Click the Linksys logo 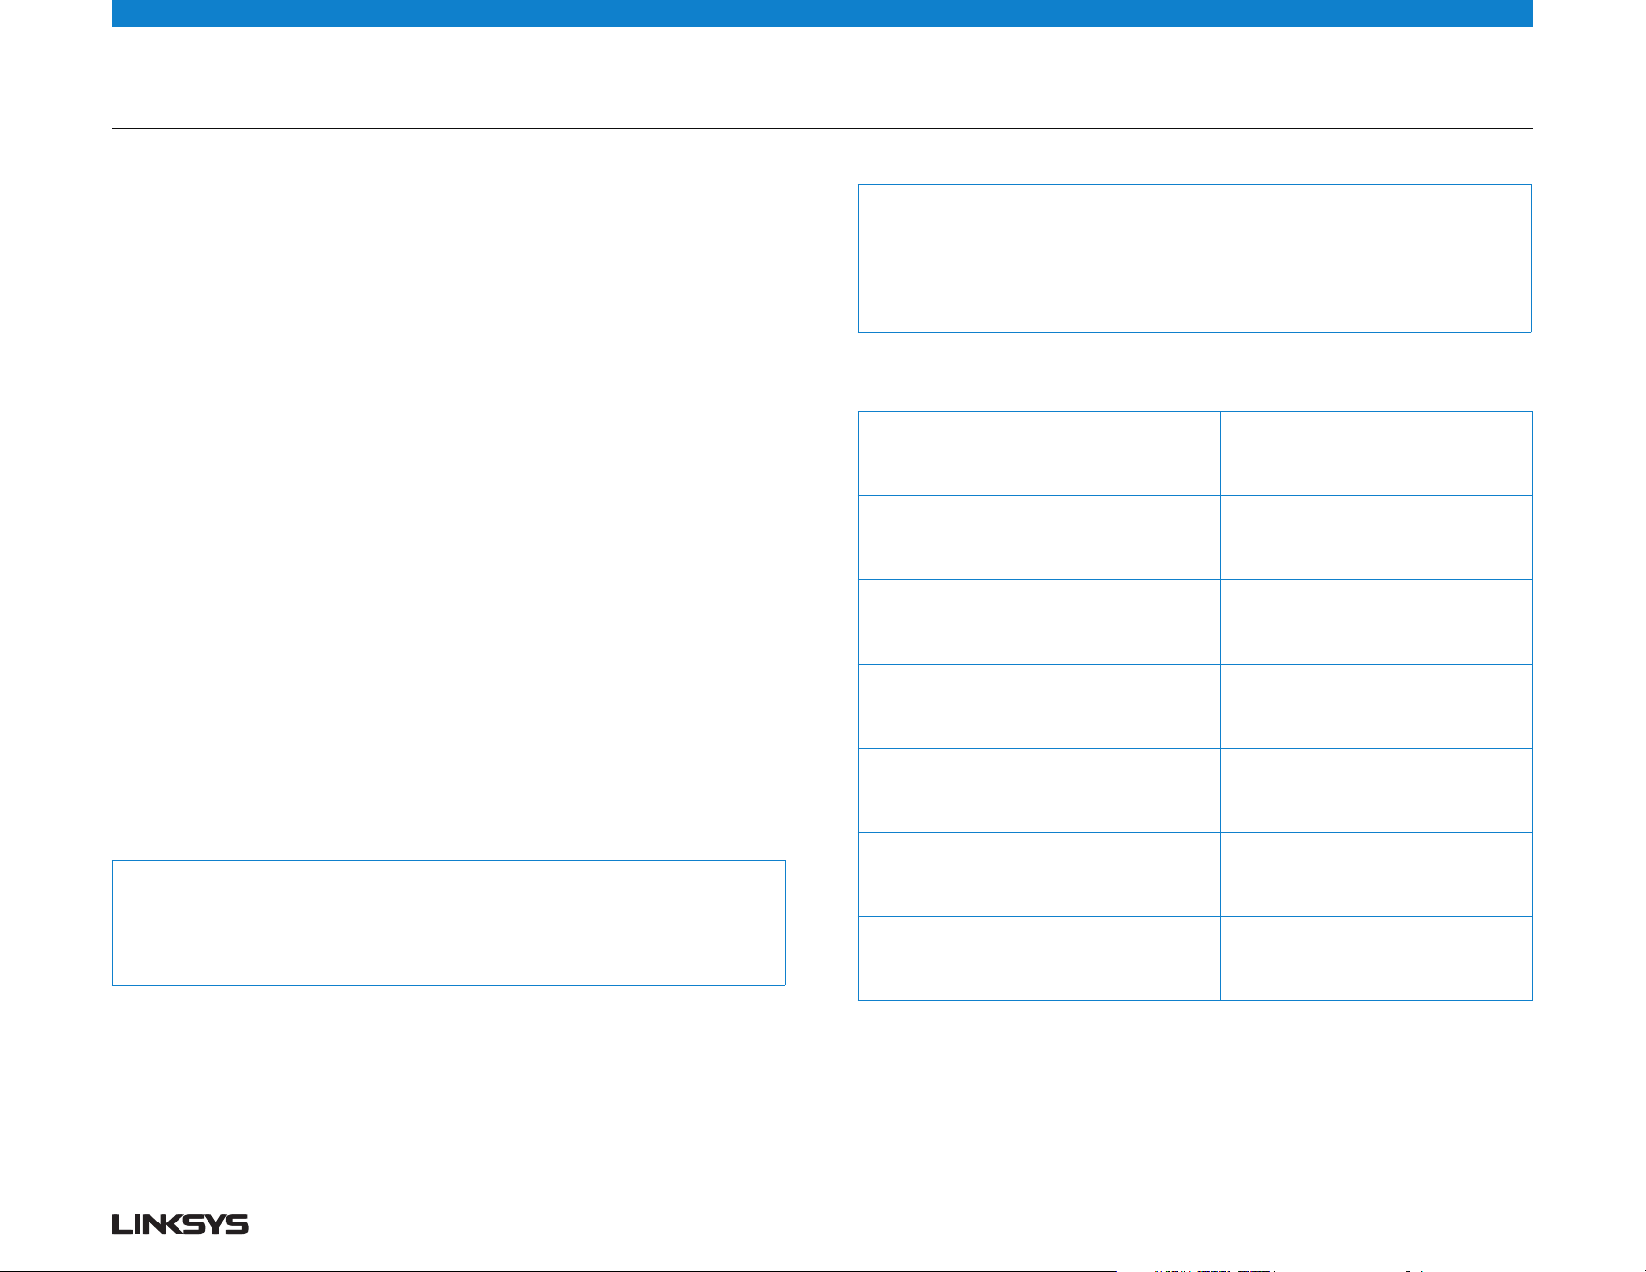click(x=180, y=1224)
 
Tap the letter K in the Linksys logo click(x=186, y=1224)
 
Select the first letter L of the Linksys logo click(x=121, y=1224)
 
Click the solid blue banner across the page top click(x=823, y=13)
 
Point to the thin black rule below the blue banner click(x=823, y=128)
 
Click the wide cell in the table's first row click(x=1038, y=453)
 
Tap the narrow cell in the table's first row click(x=1376, y=453)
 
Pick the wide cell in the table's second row click(x=1038, y=537)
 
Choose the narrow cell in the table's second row click(x=1376, y=537)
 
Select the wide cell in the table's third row click(x=1038, y=622)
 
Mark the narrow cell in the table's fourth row click(x=1376, y=706)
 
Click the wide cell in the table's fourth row click(x=1038, y=706)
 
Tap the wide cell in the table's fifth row click(x=1038, y=790)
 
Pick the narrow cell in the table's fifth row click(x=1376, y=790)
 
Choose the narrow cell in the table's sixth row click(x=1376, y=874)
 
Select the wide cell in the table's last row click(x=1038, y=958)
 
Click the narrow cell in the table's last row click(x=1376, y=958)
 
